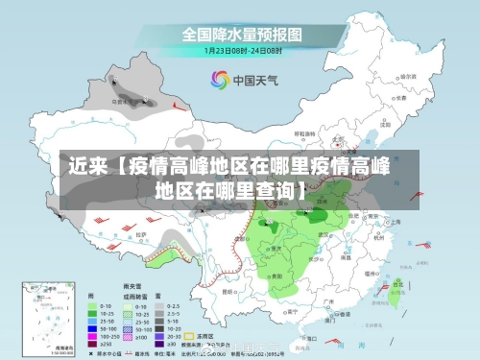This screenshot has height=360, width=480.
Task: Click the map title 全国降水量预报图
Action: [242, 34]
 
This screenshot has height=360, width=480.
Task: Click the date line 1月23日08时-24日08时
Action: [242, 50]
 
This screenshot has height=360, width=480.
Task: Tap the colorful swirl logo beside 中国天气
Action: [220, 80]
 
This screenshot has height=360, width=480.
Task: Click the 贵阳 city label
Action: [278, 274]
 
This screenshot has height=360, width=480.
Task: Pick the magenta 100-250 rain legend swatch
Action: [94, 336]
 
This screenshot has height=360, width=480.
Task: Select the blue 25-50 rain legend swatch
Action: [94, 321]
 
